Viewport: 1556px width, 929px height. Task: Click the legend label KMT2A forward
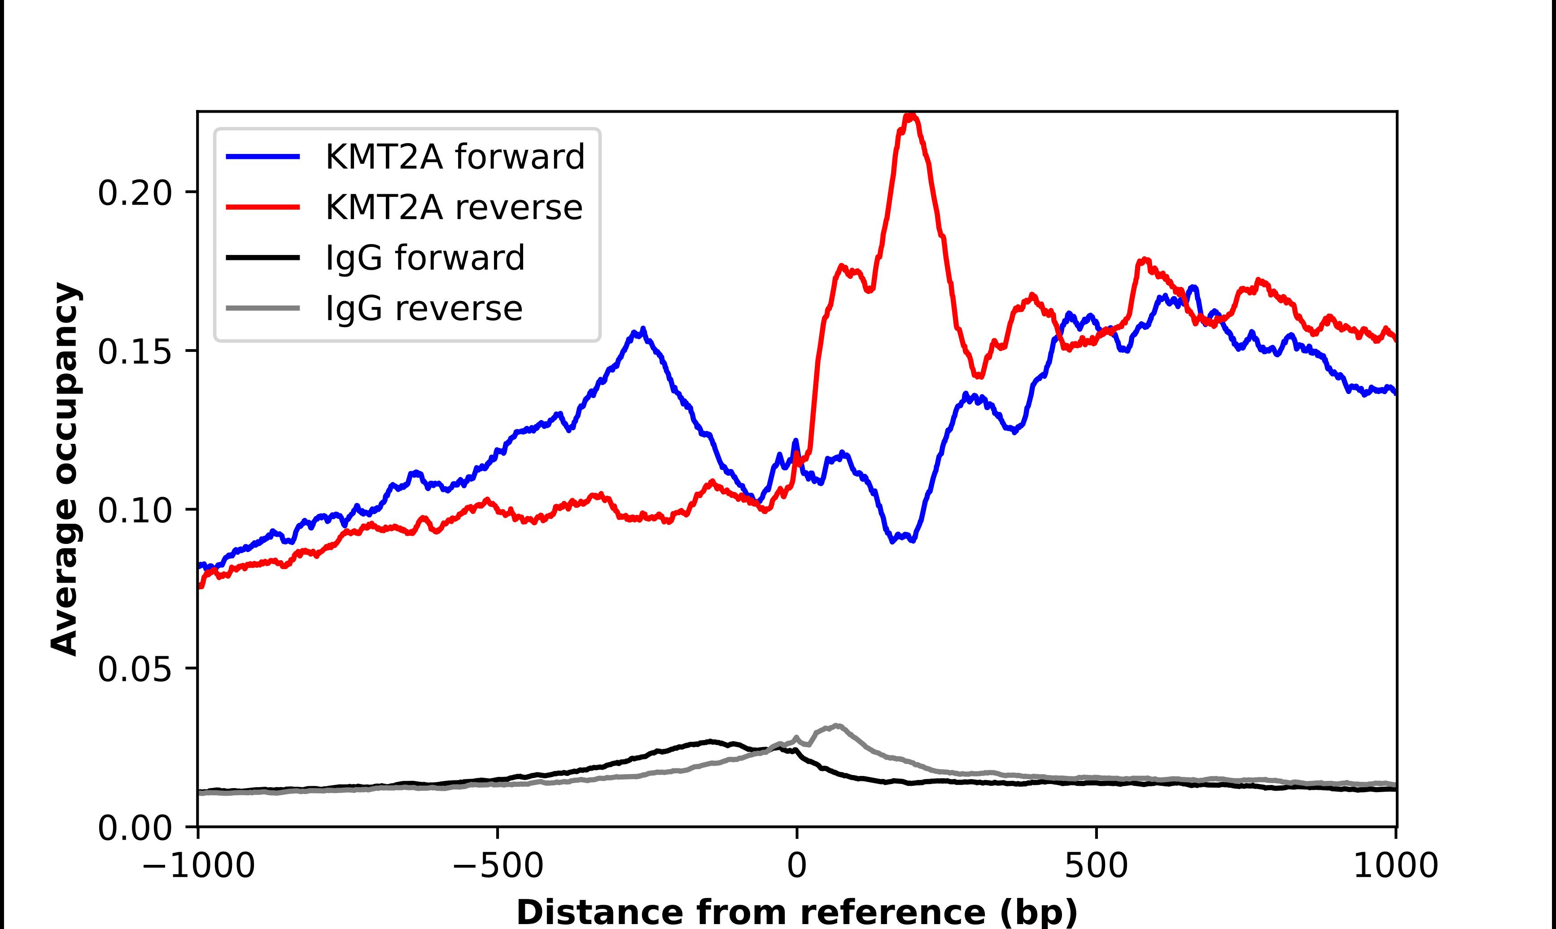(x=455, y=157)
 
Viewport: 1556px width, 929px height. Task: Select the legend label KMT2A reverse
(x=454, y=207)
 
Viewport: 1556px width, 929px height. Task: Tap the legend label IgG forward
(x=425, y=258)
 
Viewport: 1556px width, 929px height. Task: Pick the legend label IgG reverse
(x=424, y=309)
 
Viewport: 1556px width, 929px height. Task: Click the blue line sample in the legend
(x=263, y=157)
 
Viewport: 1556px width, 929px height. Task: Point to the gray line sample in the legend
(x=263, y=309)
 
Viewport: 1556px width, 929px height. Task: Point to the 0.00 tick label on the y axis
(x=135, y=828)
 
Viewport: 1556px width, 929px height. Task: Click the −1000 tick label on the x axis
(x=198, y=867)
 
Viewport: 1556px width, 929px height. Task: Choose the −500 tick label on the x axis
(x=498, y=867)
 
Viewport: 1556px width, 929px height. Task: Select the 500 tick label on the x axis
(x=1096, y=867)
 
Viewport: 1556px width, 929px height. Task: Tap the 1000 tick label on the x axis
(x=1395, y=867)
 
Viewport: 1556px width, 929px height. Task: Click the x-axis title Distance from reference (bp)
(x=796, y=911)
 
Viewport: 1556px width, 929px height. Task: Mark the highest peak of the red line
(x=910, y=116)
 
